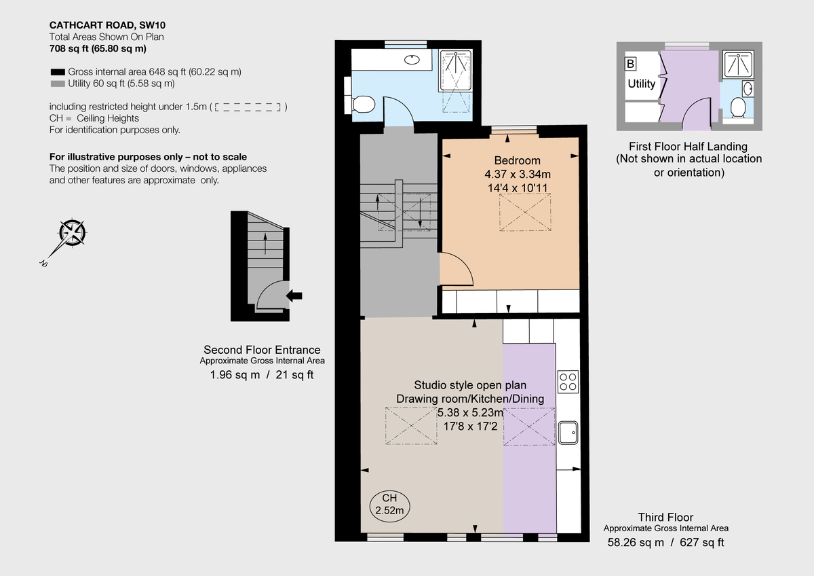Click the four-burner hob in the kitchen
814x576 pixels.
(x=567, y=381)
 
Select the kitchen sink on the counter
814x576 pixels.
(x=568, y=431)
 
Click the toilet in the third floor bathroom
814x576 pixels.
(x=362, y=104)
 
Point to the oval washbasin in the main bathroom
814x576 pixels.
(x=411, y=59)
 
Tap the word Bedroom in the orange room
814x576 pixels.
(x=517, y=161)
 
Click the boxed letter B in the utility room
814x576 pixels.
(x=630, y=65)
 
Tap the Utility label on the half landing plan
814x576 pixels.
(x=641, y=84)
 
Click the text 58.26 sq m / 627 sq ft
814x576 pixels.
(x=665, y=542)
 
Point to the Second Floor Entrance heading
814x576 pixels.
(x=262, y=350)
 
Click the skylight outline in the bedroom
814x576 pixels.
(x=525, y=212)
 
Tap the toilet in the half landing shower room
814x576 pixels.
(x=737, y=107)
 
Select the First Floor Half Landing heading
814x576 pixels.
(x=688, y=146)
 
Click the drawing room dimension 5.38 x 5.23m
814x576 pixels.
(x=470, y=412)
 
